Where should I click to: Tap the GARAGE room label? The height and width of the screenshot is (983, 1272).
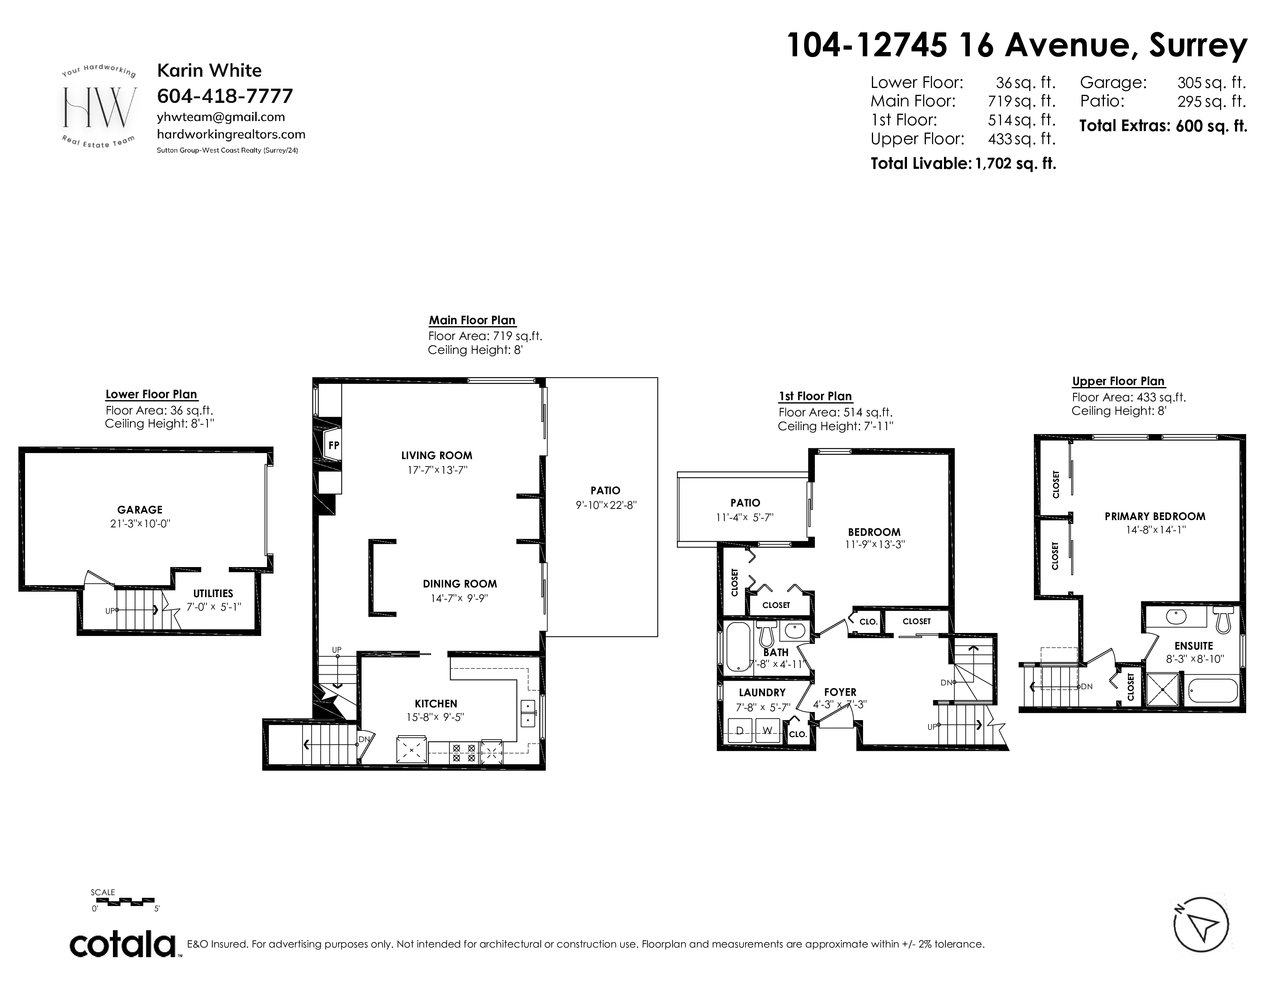(140, 510)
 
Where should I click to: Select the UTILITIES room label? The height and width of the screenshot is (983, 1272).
(213, 593)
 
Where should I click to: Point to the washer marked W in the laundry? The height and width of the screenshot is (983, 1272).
(767, 730)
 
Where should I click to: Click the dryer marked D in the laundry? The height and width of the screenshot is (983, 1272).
(740, 730)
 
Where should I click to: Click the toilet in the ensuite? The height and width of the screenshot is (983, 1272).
(1223, 619)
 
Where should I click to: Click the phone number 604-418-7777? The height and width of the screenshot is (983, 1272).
(225, 96)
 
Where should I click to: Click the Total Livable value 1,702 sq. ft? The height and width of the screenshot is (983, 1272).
(1015, 163)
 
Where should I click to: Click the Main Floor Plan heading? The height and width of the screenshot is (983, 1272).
(472, 320)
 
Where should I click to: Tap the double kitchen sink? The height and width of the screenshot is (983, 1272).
(528, 714)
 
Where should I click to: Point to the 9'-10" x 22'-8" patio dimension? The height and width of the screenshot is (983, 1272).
(606, 505)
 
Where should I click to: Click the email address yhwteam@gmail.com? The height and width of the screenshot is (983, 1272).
(221, 117)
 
